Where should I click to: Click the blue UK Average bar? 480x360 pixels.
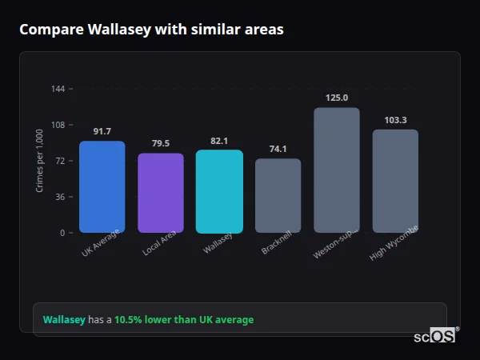tap(102, 187)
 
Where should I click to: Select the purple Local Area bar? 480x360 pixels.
tap(161, 193)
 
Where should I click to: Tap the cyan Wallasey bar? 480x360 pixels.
tap(219, 191)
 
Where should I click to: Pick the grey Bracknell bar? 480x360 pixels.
tap(278, 196)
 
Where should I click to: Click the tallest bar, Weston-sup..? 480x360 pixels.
tap(337, 170)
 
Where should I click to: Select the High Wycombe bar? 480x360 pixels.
tap(395, 181)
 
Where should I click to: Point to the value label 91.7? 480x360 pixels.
tap(102, 131)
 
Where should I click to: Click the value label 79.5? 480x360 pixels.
tap(161, 143)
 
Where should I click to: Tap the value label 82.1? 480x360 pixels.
tap(219, 141)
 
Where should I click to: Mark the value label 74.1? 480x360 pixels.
tap(278, 149)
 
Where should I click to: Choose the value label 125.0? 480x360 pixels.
tap(337, 98)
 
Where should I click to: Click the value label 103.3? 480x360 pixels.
tap(395, 119)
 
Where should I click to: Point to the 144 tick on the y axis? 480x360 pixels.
tap(58, 89)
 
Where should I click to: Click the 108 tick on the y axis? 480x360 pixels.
tap(58, 125)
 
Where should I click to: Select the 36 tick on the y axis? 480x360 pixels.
tap(60, 197)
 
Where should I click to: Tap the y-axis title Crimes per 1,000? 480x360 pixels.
tap(39, 161)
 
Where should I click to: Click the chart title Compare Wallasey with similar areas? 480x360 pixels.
tap(151, 30)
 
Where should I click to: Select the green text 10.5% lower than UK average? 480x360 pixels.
tap(183, 320)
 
